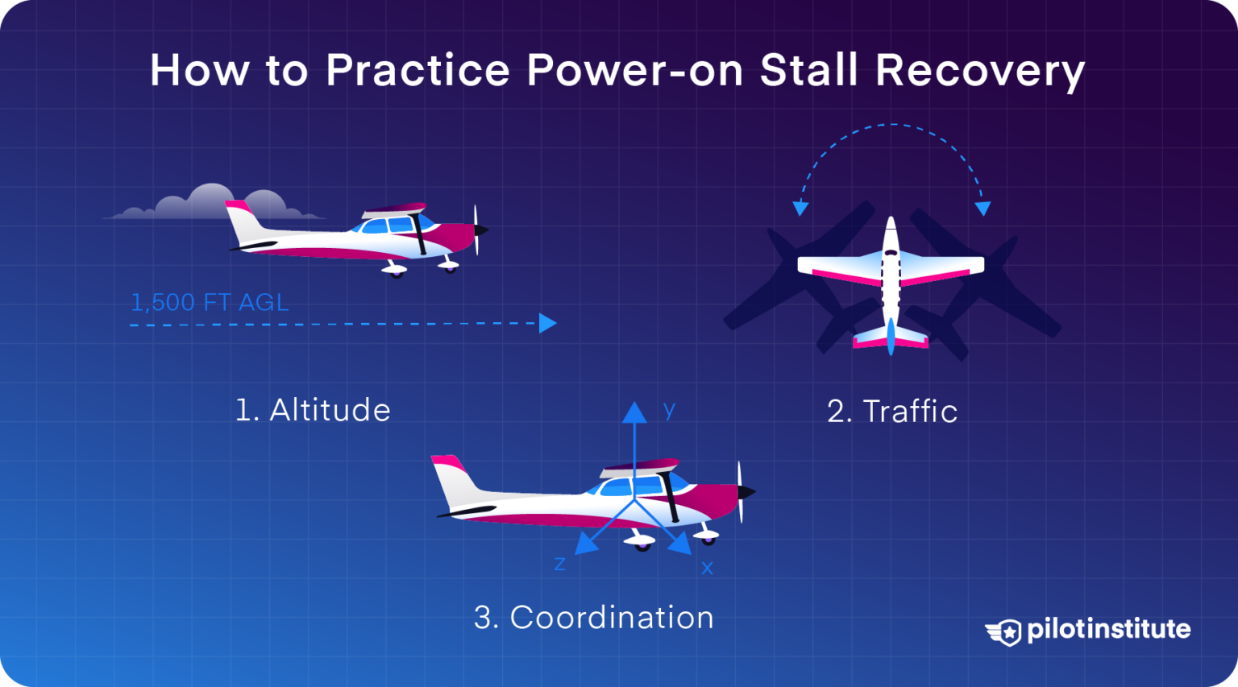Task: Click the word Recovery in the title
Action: (980, 72)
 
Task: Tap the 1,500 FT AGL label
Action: (210, 303)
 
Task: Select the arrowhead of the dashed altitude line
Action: (547, 323)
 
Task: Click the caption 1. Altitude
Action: (313, 410)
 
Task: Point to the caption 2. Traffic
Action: (892, 412)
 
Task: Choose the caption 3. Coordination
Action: (594, 618)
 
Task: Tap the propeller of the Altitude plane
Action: (477, 230)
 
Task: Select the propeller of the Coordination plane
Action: (742, 490)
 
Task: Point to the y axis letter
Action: (669, 410)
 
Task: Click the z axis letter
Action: (559, 564)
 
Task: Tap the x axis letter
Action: (707, 569)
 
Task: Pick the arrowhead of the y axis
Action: (634, 412)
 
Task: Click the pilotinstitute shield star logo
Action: (1005, 632)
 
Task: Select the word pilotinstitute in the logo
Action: (1108, 629)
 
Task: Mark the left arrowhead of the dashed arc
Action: (800, 209)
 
